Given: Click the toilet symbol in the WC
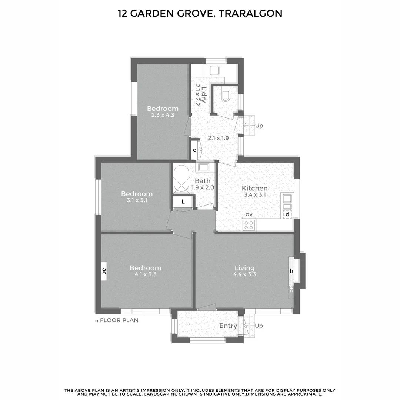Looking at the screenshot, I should tap(226, 96).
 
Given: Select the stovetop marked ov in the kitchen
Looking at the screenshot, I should tap(249, 225).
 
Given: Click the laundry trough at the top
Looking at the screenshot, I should tap(214, 70).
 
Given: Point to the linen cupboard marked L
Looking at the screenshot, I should tap(183, 202).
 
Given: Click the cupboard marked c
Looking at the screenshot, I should tap(194, 150).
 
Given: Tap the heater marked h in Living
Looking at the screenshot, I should tap(291, 271).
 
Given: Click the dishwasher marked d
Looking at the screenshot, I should tap(287, 214).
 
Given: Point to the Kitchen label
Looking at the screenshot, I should tap(254, 188).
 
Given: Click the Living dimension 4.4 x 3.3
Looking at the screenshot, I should tap(245, 274).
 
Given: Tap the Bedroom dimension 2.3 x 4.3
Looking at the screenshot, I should tap(163, 115).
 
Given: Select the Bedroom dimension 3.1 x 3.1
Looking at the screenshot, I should tap(137, 200).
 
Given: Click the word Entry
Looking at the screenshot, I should tap(228, 326).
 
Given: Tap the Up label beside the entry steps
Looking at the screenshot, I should tap(259, 326).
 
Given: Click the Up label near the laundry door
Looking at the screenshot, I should tap(259, 126).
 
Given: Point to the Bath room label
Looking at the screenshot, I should tap(203, 181).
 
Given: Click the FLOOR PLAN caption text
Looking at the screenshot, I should tap(119, 320).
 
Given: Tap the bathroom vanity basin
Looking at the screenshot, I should tap(204, 167).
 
